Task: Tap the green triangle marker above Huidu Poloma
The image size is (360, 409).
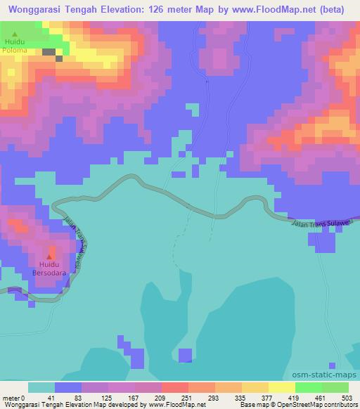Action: (14, 34)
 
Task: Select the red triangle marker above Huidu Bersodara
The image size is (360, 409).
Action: (49, 257)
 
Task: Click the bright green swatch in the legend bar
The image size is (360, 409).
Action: (307, 387)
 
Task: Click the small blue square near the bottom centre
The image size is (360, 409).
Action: (186, 356)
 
